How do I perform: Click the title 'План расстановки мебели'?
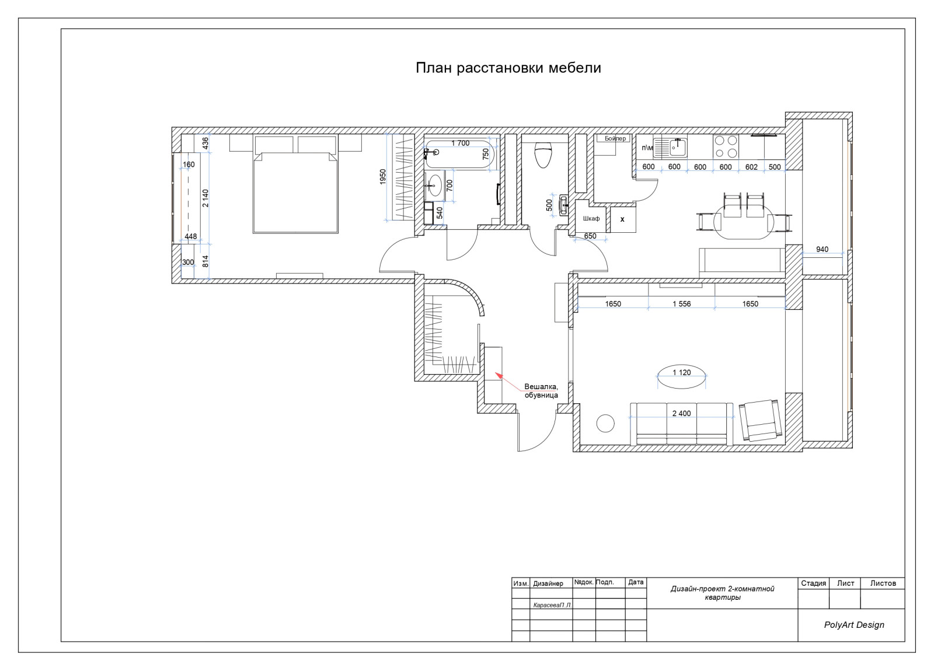[508, 68]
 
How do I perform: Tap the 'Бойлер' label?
[615, 138]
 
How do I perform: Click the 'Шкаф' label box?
[591, 218]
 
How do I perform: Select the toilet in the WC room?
[543, 154]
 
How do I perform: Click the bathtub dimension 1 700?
[461, 143]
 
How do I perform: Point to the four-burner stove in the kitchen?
[726, 146]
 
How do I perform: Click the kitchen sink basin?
[678, 147]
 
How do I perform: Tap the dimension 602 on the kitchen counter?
[751, 167]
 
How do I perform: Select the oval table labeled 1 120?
[682, 376]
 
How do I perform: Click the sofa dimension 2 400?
[681, 413]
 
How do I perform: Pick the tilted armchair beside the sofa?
[761, 420]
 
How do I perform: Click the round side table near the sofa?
[605, 424]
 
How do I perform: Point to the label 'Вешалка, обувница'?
[541, 391]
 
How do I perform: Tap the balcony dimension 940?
[823, 249]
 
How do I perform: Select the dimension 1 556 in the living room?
[682, 304]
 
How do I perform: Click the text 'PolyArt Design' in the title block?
[854, 625]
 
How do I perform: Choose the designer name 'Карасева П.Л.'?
[552, 604]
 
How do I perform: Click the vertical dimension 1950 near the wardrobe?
[383, 177]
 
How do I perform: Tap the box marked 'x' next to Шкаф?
[623, 219]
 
